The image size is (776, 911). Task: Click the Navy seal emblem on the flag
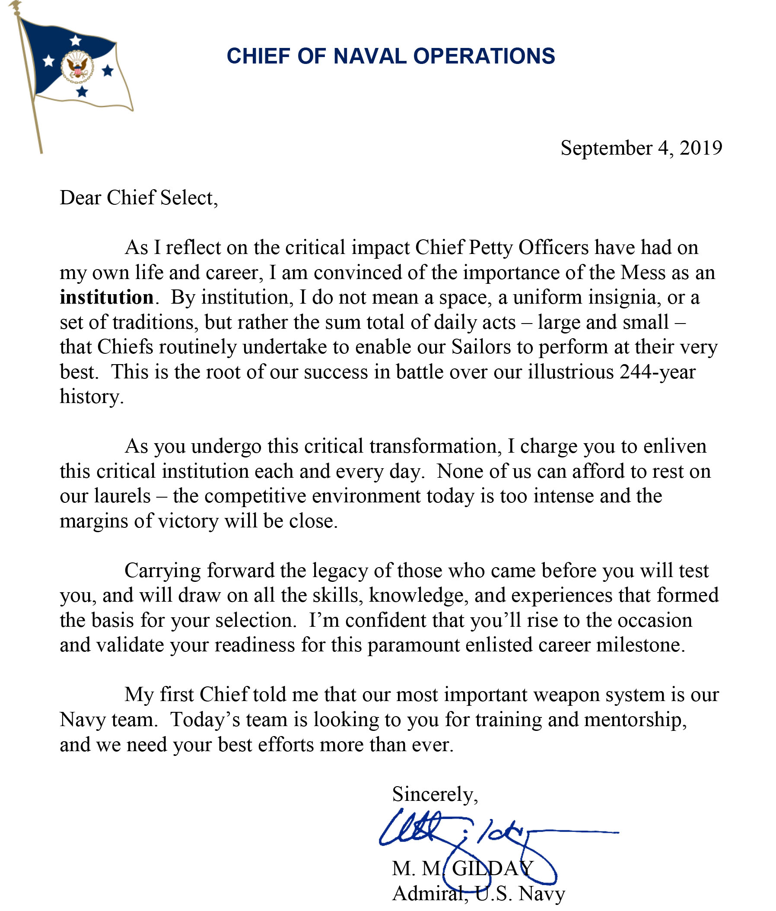[77, 68]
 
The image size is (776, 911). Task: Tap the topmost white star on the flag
[76, 41]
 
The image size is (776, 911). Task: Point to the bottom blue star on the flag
[82, 92]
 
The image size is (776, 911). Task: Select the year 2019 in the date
[701, 148]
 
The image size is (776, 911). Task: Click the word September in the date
[605, 149]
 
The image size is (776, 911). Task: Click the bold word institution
[106, 298]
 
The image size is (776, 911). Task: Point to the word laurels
[122, 496]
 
